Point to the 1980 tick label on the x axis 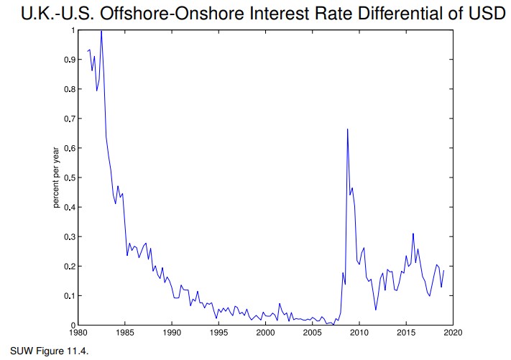click(x=78, y=333)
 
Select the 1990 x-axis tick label click(x=172, y=333)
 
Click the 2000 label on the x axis click(x=265, y=333)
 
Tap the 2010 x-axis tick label click(x=359, y=333)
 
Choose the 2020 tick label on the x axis click(x=453, y=333)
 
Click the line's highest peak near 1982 click(x=101, y=31)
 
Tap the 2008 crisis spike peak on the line click(x=348, y=129)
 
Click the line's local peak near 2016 click(x=413, y=234)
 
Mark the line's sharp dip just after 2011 click(x=375, y=310)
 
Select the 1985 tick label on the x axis click(x=125, y=333)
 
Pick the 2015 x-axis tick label click(x=406, y=333)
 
